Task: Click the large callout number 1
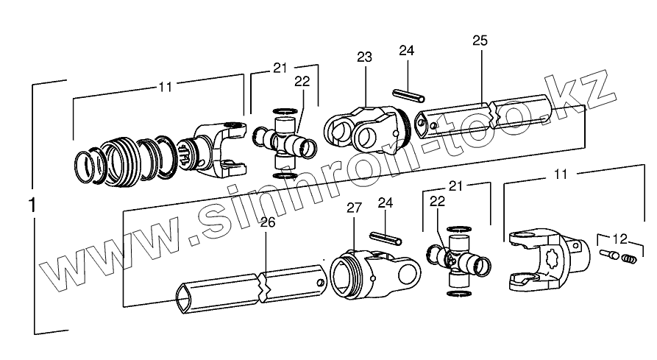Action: pyautogui.click(x=31, y=206)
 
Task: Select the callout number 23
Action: pyautogui.click(x=364, y=57)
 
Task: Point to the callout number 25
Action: pyautogui.click(x=480, y=40)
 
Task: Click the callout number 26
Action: pyautogui.click(x=267, y=222)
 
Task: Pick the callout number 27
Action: pyautogui.click(x=354, y=208)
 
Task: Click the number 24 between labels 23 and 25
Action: pyautogui.click(x=406, y=50)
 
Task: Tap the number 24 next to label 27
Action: pyautogui.click(x=386, y=202)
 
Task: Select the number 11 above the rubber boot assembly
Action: pyautogui.click(x=165, y=86)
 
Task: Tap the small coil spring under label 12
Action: pyautogui.click(x=628, y=258)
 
